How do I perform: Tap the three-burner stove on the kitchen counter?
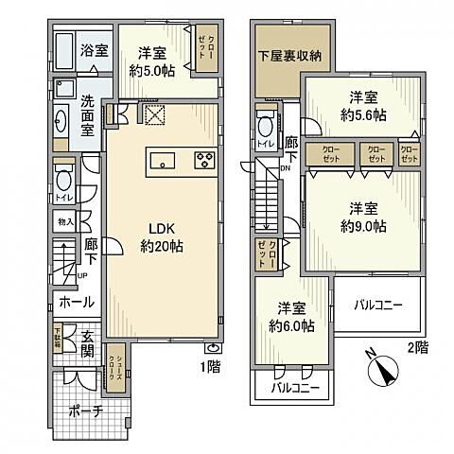204,158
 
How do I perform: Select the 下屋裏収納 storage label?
290,56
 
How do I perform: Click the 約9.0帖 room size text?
363,225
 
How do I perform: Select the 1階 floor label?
210,366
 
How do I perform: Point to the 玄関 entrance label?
84,344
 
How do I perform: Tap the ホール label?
76,303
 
